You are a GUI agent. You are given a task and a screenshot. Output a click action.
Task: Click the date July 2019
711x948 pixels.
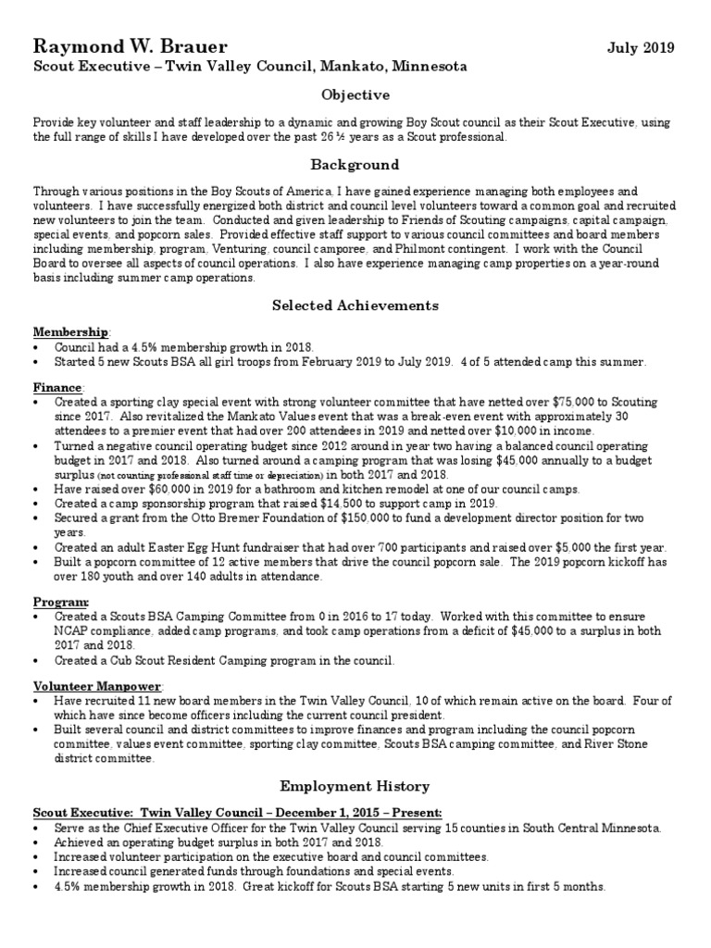(641, 47)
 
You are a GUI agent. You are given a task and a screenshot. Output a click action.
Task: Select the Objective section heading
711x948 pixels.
(355, 95)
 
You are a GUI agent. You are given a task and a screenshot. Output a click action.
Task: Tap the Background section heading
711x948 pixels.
(355, 165)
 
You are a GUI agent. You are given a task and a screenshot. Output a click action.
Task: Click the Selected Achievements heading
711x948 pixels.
(355, 306)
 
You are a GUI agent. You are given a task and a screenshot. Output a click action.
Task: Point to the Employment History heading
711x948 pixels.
(355, 787)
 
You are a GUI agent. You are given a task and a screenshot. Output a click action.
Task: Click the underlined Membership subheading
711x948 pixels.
(71, 331)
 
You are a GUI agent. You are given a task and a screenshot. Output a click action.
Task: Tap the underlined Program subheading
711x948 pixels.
(61, 602)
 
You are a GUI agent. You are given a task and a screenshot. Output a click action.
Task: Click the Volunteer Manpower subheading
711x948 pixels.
(98, 686)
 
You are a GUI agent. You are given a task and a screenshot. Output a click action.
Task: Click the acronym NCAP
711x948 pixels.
(74, 630)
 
